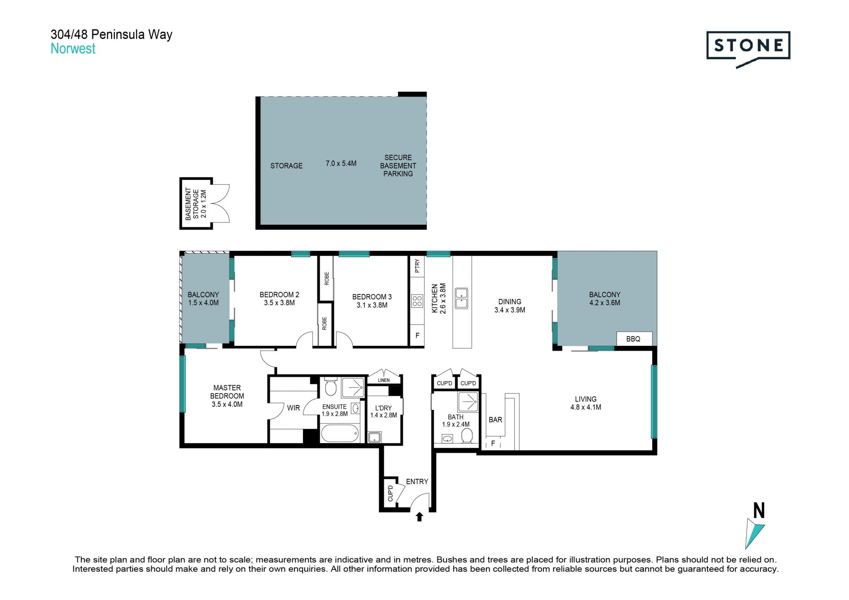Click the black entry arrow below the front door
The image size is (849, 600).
[x=420, y=517]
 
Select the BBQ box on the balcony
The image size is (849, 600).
[x=634, y=339]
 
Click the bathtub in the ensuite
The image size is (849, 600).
[x=340, y=434]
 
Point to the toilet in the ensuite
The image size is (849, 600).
[x=330, y=386]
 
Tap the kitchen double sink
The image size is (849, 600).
[x=461, y=298]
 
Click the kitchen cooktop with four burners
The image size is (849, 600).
[x=417, y=301]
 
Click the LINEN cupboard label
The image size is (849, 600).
[x=384, y=380]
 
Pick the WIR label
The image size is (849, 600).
[x=293, y=408]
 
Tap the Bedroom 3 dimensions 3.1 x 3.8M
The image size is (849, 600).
[x=372, y=305]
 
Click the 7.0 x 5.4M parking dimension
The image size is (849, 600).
[x=341, y=164]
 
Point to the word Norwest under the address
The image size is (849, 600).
[x=73, y=49]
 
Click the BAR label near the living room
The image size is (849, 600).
[x=495, y=420]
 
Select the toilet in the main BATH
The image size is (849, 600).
[x=467, y=436]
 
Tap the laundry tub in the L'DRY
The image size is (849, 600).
[x=374, y=438]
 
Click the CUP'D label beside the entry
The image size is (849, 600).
[x=390, y=493]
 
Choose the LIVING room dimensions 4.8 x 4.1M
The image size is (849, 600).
[x=585, y=407]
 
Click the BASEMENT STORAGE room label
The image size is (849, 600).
[x=192, y=204]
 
